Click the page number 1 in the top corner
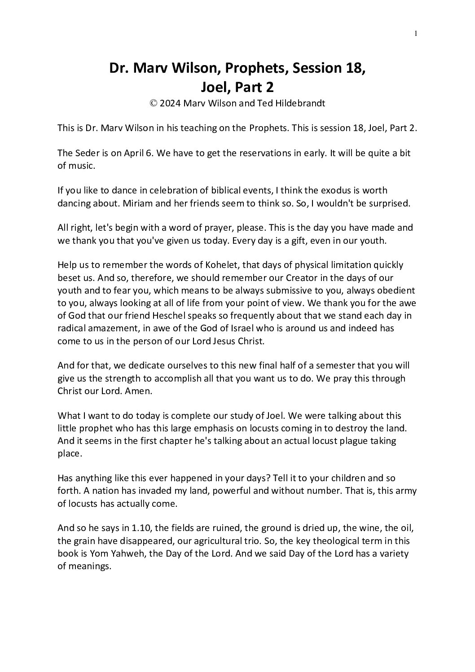pos(416,33)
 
